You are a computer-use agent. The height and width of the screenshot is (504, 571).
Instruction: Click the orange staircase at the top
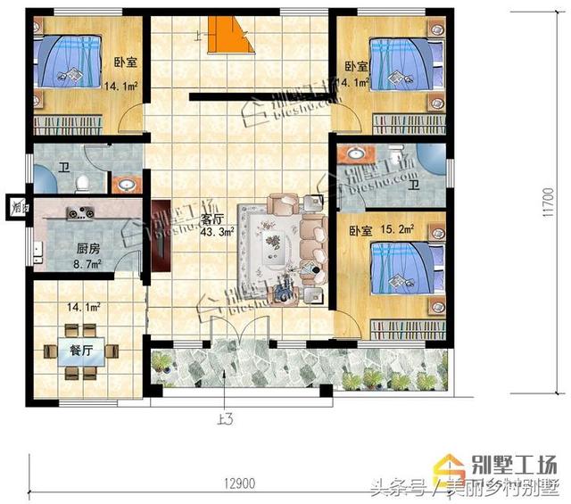[228, 37]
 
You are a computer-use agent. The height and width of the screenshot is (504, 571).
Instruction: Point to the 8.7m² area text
[87, 265]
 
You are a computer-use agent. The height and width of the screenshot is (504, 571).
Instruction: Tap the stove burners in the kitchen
[79, 212]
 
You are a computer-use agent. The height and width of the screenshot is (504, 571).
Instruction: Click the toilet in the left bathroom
[82, 183]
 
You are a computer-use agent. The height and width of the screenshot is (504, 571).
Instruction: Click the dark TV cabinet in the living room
[161, 235]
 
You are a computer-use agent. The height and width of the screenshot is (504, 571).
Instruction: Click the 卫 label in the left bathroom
[64, 168]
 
